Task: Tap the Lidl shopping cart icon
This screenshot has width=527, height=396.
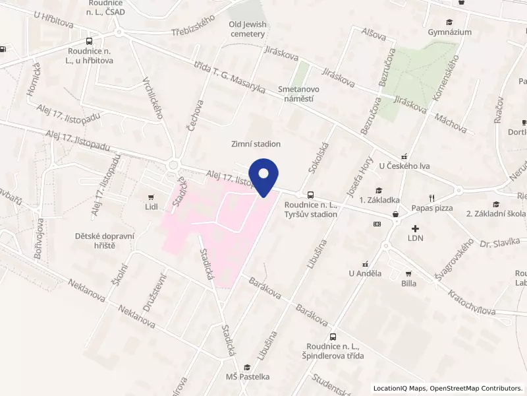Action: (x=152, y=197)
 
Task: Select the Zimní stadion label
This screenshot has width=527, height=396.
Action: (x=256, y=144)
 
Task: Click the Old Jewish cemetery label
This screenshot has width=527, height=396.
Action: (x=248, y=29)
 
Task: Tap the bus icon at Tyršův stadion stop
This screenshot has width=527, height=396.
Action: (x=310, y=195)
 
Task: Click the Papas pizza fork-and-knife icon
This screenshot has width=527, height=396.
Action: (x=432, y=197)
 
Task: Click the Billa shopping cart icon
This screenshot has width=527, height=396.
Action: (x=408, y=273)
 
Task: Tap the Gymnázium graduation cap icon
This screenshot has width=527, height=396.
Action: (x=449, y=21)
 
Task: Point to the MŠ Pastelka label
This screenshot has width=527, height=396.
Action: (x=248, y=377)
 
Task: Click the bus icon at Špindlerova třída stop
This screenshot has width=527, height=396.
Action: (x=333, y=336)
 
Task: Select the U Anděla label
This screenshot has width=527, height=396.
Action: (x=365, y=273)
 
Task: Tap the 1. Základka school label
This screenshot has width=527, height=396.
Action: (x=379, y=200)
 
